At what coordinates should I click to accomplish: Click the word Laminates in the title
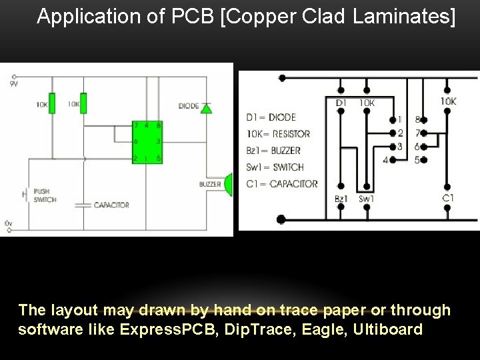click(x=404, y=17)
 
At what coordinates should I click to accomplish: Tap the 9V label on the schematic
click(x=14, y=85)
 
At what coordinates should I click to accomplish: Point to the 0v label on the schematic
click(x=7, y=222)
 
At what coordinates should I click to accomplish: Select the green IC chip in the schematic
click(x=147, y=143)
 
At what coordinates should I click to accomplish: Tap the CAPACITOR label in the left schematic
click(x=111, y=205)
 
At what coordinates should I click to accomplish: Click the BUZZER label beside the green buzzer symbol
click(x=210, y=184)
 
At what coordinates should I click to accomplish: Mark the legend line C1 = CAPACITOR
click(x=282, y=183)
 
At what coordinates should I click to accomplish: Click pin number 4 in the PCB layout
click(x=385, y=160)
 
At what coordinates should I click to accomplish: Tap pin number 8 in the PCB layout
click(x=418, y=121)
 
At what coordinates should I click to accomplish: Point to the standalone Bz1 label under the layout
click(x=341, y=199)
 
